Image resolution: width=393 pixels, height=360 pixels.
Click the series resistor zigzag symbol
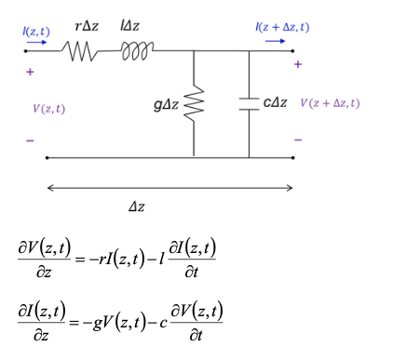point(81,52)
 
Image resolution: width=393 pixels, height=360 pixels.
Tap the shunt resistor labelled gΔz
point(194,105)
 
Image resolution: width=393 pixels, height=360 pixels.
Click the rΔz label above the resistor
point(87,28)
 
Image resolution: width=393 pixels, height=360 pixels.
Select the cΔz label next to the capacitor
point(275,103)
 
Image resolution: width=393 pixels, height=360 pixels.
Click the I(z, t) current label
point(38,31)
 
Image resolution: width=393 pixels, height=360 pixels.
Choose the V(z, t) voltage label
point(48,109)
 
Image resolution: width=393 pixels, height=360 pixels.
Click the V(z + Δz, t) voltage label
point(330,103)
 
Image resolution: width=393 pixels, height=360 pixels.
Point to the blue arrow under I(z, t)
point(40,43)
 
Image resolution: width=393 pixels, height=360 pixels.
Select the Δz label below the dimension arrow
point(136,206)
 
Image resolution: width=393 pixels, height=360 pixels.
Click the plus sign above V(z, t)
point(30,72)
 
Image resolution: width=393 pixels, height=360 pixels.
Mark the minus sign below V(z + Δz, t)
point(298,140)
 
